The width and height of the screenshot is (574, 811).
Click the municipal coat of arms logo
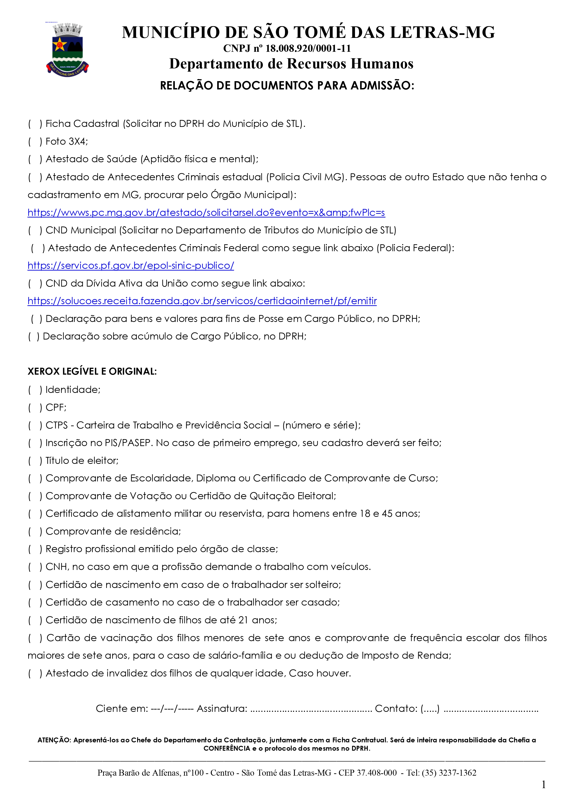point(67,49)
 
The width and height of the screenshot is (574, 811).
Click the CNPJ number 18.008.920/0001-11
point(308,48)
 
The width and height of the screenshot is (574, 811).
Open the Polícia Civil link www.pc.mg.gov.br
point(206,213)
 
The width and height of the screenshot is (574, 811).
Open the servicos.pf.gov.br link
point(131,266)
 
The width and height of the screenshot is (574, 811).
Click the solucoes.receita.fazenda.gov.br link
point(202,301)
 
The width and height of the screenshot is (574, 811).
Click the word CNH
point(57,566)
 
